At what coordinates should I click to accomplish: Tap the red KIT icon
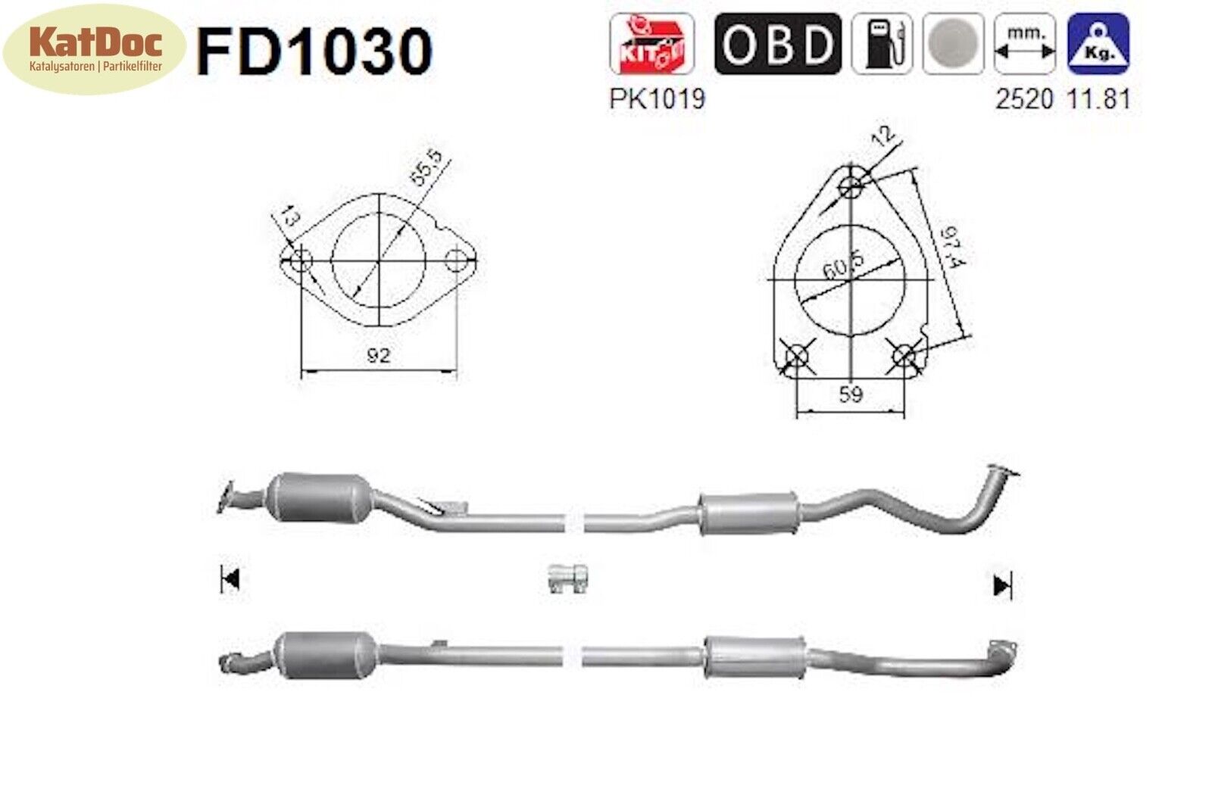point(651,43)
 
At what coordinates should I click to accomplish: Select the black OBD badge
point(777,44)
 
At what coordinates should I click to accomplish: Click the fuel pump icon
point(881,44)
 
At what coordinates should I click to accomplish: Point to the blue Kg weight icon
point(1098,44)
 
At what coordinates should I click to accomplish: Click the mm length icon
point(1024,44)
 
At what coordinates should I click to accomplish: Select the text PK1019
point(657,99)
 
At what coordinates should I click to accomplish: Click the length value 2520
point(1024,99)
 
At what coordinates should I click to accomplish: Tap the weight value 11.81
point(1098,99)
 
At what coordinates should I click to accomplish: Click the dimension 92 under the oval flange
point(378,354)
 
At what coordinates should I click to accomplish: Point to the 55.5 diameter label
point(428,169)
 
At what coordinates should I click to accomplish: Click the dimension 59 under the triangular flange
point(850,394)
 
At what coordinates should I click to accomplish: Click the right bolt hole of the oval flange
point(456,261)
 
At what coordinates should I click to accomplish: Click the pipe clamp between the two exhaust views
point(567,579)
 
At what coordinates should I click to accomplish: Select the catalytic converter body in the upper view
point(321,497)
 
